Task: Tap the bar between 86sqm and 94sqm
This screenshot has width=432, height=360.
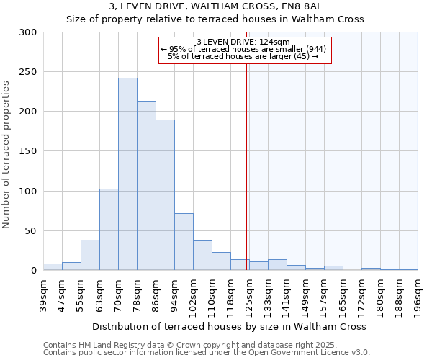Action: point(165,194)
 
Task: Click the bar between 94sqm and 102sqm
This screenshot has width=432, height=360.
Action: point(184,241)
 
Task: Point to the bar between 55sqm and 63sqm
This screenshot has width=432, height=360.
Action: point(90,255)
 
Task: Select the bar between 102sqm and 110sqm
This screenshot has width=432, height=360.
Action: point(202,256)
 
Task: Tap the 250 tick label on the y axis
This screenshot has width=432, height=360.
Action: point(28,72)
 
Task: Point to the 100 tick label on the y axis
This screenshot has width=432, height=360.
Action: point(28,192)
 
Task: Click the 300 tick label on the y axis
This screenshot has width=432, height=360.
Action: point(28,32)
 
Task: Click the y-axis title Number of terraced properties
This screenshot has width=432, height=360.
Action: point(6,154)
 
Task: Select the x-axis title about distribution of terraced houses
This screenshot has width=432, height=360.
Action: point(230,326)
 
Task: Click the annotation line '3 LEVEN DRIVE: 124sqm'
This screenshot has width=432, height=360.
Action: point(243,42)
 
